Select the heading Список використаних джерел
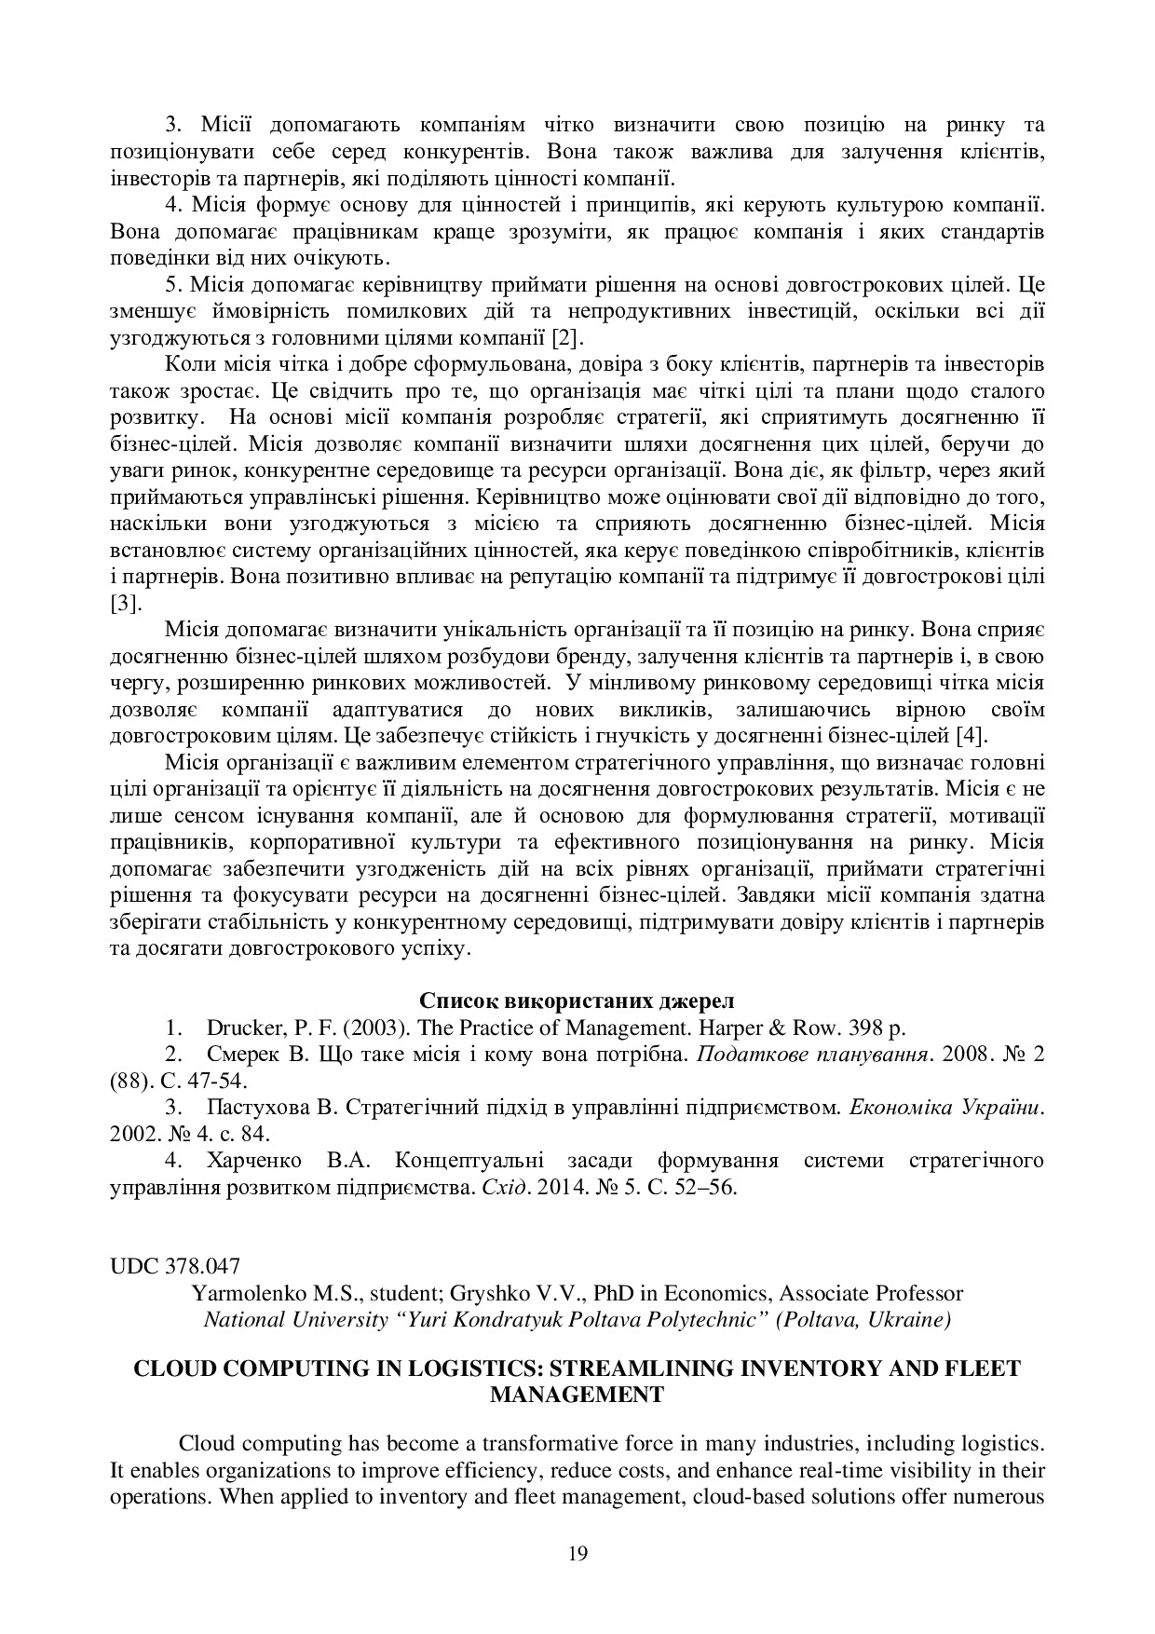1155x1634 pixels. point(577,1001)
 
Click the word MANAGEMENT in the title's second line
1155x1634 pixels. point(577,1395)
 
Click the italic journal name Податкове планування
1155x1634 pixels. point(813,1055)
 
